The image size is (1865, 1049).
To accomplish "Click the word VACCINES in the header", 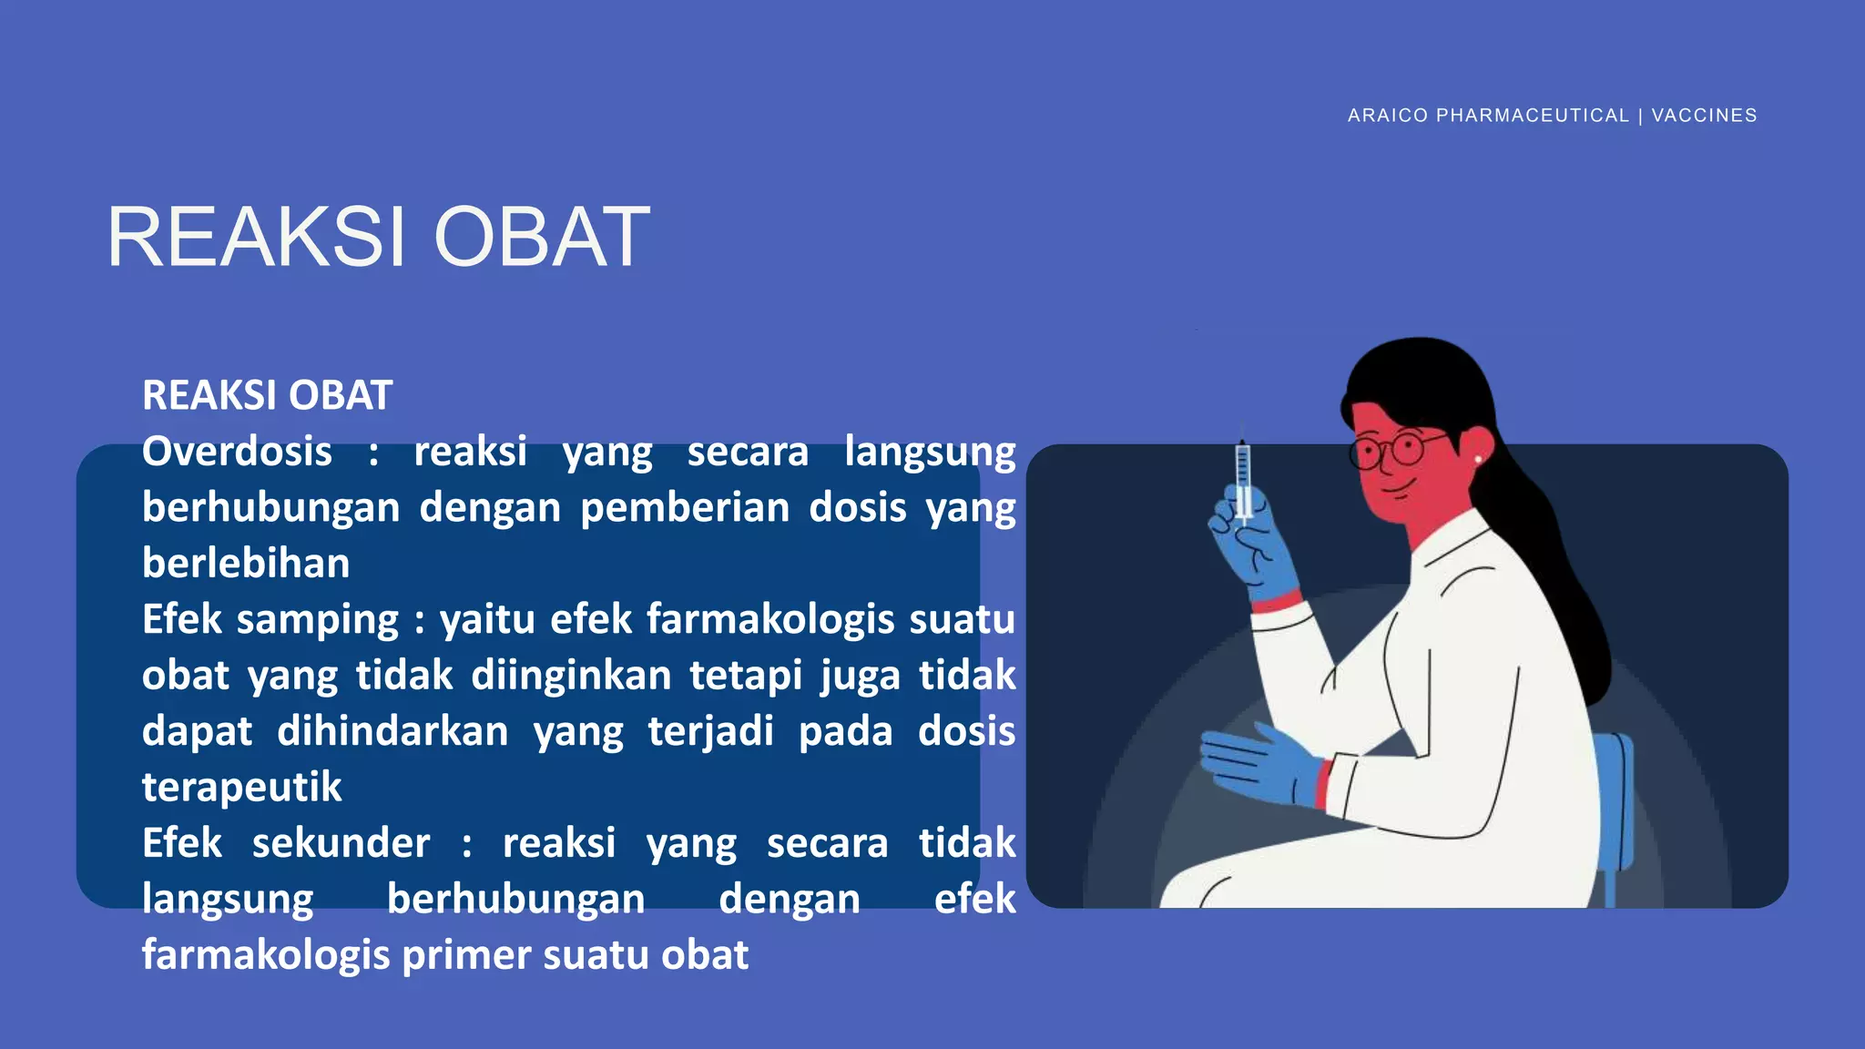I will pos(1704,116).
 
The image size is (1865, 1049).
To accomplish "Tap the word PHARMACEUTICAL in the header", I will pos(1532,116).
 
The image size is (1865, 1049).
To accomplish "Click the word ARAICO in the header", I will pos(1387,116).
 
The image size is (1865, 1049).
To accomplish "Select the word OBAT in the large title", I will pos(542,238).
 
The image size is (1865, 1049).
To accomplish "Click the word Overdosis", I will pos(237,452).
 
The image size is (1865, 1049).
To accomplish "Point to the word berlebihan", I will pos(246,564).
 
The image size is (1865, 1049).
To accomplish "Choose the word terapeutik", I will pos(241,787).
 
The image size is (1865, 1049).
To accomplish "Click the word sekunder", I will pos(341,843).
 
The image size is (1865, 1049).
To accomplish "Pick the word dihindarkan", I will pos(392,731).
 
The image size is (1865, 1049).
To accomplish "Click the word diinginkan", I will pos(570,676).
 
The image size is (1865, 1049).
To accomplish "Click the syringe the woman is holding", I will pos(1242,478).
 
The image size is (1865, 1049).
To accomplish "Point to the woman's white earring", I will pos(1477,460).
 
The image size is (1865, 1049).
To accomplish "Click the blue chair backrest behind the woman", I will pos(1616,801).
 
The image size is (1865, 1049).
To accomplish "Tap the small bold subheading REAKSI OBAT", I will pos(267,395).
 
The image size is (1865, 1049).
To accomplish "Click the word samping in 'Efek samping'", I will pos(317,619).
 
